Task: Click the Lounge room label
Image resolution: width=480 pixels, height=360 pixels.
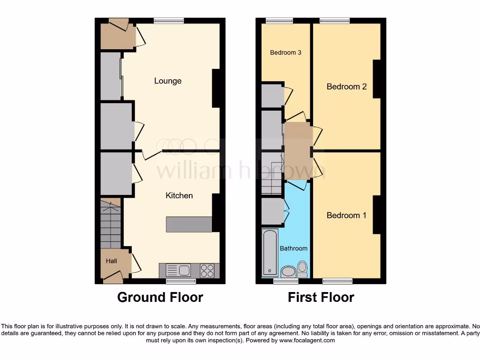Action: [x=168, y=81]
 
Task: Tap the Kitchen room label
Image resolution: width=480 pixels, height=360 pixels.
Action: [x=179, y=195]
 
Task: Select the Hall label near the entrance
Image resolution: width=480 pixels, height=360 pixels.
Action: [x=111, y=261]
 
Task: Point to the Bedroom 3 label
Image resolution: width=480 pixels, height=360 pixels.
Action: [x=285, y=52]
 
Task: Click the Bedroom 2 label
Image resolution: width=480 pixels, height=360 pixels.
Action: [x=346, y=87]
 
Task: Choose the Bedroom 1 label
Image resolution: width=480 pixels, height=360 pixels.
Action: [x=346, y=215]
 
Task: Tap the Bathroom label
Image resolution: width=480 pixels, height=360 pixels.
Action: [x=293, y=248]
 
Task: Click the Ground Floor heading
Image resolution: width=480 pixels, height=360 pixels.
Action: [x=160, y=297]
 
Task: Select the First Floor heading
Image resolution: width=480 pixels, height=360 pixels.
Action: [x=321, y=297]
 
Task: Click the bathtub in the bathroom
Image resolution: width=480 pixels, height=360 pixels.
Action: [x=270, y=252]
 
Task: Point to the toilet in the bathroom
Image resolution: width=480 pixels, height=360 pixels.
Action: [x=302, y=269]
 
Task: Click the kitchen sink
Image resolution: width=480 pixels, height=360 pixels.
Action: [x=178, y=270]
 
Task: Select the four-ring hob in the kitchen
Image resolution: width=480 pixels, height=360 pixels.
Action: [x=207, y=270]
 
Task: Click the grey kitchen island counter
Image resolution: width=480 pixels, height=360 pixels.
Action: [x=189, y=224]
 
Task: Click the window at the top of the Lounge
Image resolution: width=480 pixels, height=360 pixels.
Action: [x=169, y=21]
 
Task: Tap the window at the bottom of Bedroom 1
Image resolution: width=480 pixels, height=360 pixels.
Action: [x=337, y=281]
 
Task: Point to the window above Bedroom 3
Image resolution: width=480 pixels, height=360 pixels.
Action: [x=279, y=21]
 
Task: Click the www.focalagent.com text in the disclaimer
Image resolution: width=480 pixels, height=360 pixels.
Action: [x=307, y=341]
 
